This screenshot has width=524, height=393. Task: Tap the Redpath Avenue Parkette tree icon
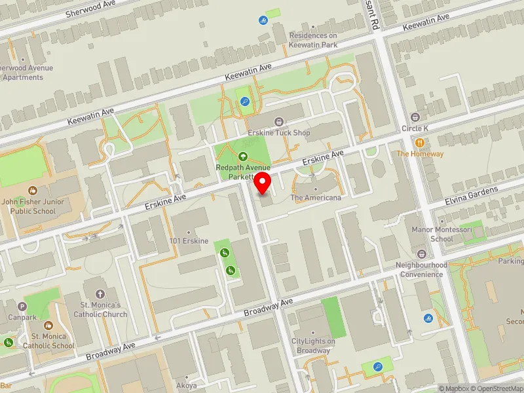pyautogui.click(x=243, y=157)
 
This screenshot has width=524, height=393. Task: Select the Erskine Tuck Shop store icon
pyautogui.click(x=280, y=122)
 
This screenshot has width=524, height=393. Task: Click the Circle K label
pyautogui.click(x=415, y=128)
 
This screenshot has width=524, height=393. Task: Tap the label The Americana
pyautogui.click(x=316, y=197)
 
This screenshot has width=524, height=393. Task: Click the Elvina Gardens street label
pyautogui.click(x=472, y=193)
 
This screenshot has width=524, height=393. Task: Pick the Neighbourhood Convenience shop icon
pyautogui.click(x=421, y=254)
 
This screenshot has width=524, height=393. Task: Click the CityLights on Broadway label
pyautogui.click(x=313, y=346)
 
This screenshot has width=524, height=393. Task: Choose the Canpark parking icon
pyautogui.click(x=23, y=306)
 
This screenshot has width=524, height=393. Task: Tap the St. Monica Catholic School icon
pyautogui.click(x=48, y=326)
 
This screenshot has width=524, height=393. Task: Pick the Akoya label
pyautogui.click(x=186, y=386)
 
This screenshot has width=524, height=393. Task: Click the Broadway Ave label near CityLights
pyautogui.click(x=269, y=305)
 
